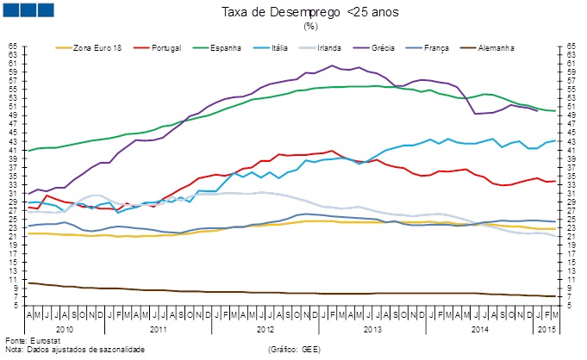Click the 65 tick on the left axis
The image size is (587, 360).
(12, 46)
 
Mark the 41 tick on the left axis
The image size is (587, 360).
(12, 150)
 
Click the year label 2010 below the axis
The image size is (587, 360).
(64, 329)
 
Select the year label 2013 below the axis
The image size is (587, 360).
(372, 329)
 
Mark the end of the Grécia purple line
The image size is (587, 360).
(537, 110)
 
